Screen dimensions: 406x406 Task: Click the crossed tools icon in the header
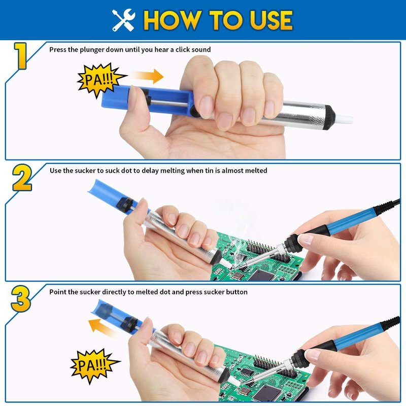click(124, 20)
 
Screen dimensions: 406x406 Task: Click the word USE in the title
click(271, 20)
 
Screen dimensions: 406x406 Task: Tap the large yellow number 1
click(20, 56)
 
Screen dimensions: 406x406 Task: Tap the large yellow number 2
click(22, 178)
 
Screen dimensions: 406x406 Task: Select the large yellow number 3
click(21, 298)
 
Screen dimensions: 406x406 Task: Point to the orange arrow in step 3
click(103, 327)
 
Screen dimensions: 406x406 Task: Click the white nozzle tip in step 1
click(344, 119)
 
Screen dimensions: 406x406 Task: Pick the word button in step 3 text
click(236, 292)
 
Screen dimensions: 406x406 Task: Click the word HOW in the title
click(173, 20)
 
